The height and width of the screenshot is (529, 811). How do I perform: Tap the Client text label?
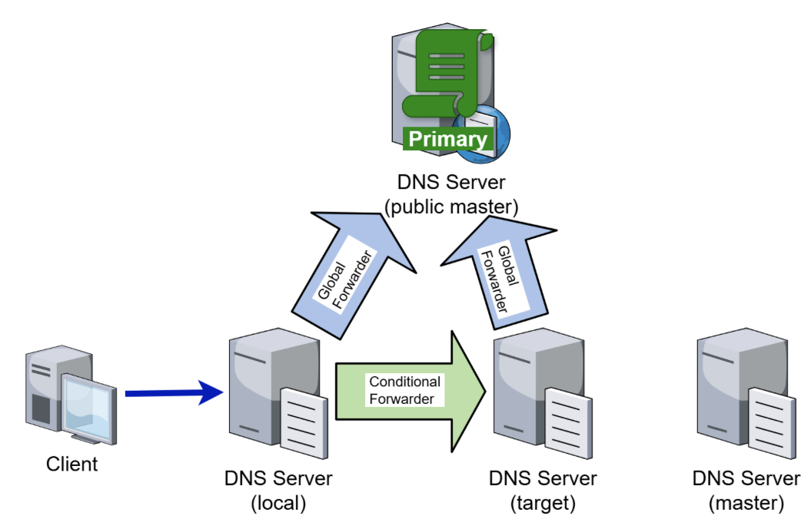72,464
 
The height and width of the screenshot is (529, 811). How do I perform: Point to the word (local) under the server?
278,504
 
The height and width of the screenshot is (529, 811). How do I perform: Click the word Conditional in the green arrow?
404,382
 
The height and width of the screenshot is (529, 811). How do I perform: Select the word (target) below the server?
543,504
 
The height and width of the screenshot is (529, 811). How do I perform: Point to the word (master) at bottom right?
746,504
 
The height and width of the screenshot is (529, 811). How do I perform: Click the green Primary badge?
447,139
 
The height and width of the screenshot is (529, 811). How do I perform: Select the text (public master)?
450,207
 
